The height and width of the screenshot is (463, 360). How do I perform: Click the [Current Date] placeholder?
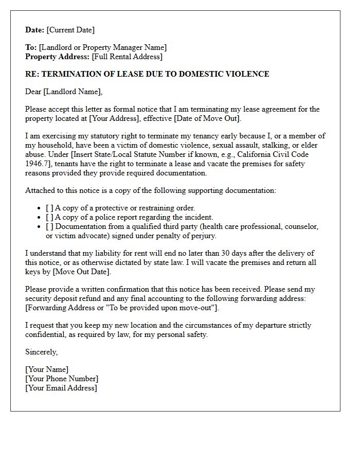70,30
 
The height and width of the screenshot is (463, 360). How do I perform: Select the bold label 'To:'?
31,48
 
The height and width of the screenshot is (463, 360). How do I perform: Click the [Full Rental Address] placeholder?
127,57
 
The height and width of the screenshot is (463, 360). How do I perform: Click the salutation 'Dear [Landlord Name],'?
64,92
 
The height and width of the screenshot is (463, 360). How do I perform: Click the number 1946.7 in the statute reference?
37,164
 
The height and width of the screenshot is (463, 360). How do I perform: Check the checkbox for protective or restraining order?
49,208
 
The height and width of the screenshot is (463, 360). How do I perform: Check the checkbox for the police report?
49,217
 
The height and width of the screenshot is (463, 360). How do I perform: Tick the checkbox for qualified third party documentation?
49,226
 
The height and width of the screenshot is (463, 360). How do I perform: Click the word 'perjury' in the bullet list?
203,236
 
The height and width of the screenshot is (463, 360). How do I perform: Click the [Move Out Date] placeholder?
81,272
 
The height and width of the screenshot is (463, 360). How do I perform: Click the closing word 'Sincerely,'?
41,352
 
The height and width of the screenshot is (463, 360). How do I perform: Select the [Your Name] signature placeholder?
47,369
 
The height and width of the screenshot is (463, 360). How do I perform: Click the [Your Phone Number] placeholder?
62,379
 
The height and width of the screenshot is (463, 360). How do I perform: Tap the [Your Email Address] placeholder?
61,388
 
